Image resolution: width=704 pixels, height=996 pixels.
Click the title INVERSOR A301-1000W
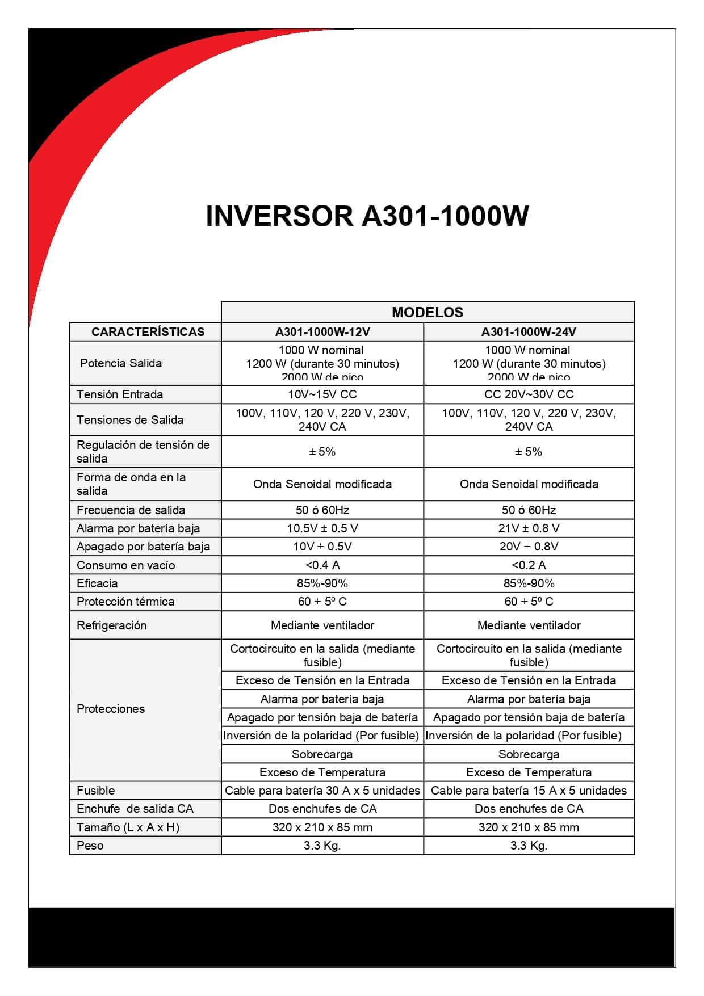click(367, 216)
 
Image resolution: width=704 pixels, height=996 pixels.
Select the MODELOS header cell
click(427, 312)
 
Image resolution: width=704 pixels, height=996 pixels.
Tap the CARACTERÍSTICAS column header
click(148, 332)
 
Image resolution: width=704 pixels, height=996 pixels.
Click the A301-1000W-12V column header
click(322, 332)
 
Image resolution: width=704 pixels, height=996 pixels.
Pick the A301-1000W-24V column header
click(529, 332)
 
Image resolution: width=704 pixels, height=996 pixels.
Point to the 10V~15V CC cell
click(322, 394)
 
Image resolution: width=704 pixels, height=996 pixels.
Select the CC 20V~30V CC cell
click(529, 394)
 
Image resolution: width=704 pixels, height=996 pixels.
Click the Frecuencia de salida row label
click(131, 510)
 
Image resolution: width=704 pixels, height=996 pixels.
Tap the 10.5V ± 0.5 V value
click(322, 528)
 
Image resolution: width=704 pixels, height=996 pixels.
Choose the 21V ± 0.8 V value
click(529, 528)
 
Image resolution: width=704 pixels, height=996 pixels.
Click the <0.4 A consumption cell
click(322, 565)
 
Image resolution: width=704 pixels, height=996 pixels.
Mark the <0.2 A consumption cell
click(529, 565)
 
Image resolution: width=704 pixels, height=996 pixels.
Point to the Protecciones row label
click(111, 709)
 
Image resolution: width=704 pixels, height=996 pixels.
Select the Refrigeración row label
click(111, 625)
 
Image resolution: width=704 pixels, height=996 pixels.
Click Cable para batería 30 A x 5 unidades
click(322, 791)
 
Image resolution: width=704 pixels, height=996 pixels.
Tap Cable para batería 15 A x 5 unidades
click(529, 791)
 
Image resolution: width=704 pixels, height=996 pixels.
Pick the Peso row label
click(90, 846)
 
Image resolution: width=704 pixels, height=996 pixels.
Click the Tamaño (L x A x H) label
click(128, 827)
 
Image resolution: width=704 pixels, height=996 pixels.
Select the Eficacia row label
click(97, 583)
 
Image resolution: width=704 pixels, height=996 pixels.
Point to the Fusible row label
click(95, 791)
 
